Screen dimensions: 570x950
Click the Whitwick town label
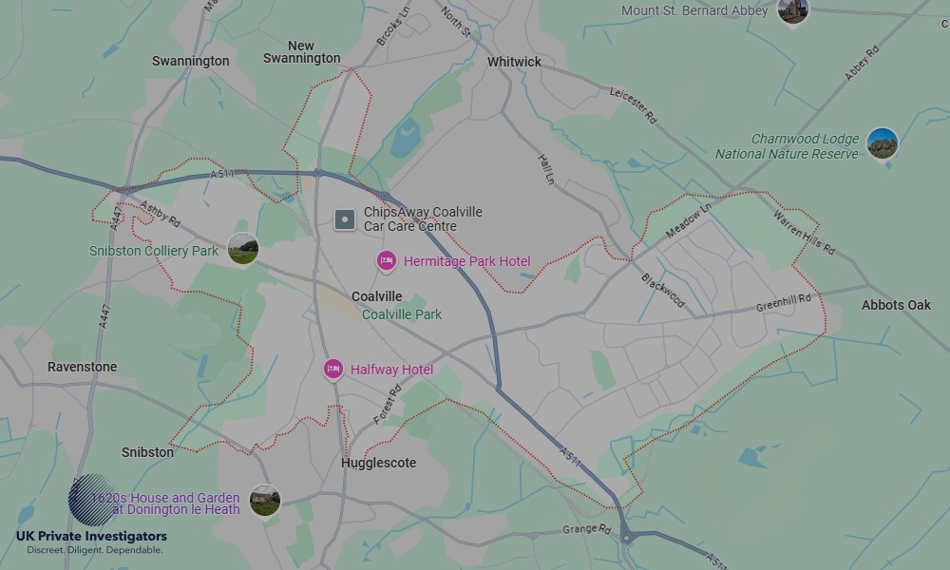pos(514,62)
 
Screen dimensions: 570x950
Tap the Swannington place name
pos(190,61)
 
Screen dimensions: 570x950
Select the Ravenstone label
pos(83,367)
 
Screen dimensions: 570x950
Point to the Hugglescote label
pos(378,463)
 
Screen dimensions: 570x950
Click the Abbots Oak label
pos(896,305)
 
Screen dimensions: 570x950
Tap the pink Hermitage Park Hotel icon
pos(387,260)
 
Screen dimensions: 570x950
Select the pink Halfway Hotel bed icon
pos(332,369)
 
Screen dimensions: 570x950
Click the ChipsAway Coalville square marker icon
pos(344,220)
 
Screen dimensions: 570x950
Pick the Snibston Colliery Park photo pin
pos(243,249)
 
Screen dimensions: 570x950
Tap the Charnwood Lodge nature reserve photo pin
pos(883,143)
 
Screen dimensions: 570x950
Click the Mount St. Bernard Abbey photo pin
pos(792,11)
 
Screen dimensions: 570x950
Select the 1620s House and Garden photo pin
pos(265,500)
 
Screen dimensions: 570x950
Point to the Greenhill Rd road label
pos(784,303)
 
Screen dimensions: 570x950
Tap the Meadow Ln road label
pos(689,224)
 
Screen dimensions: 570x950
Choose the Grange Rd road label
pos(585,529)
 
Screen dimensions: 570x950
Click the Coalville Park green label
pos(402,314)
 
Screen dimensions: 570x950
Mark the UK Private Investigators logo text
pos(91,537)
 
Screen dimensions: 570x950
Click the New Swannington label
pos(301,52)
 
